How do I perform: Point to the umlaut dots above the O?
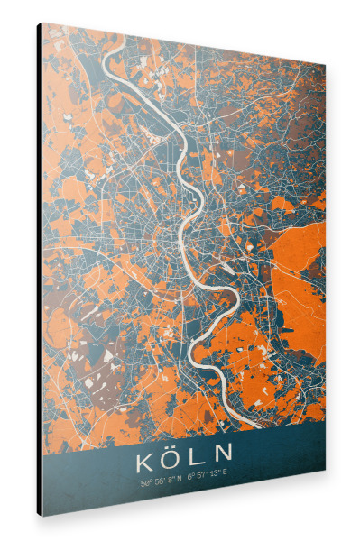(x=173, y=447)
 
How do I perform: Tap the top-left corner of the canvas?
(x=42, y=23)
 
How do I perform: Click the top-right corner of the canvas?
(x=324, y=65)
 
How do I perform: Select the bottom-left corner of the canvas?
(x=42, y=516)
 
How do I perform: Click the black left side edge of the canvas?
(x=39, y=270)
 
